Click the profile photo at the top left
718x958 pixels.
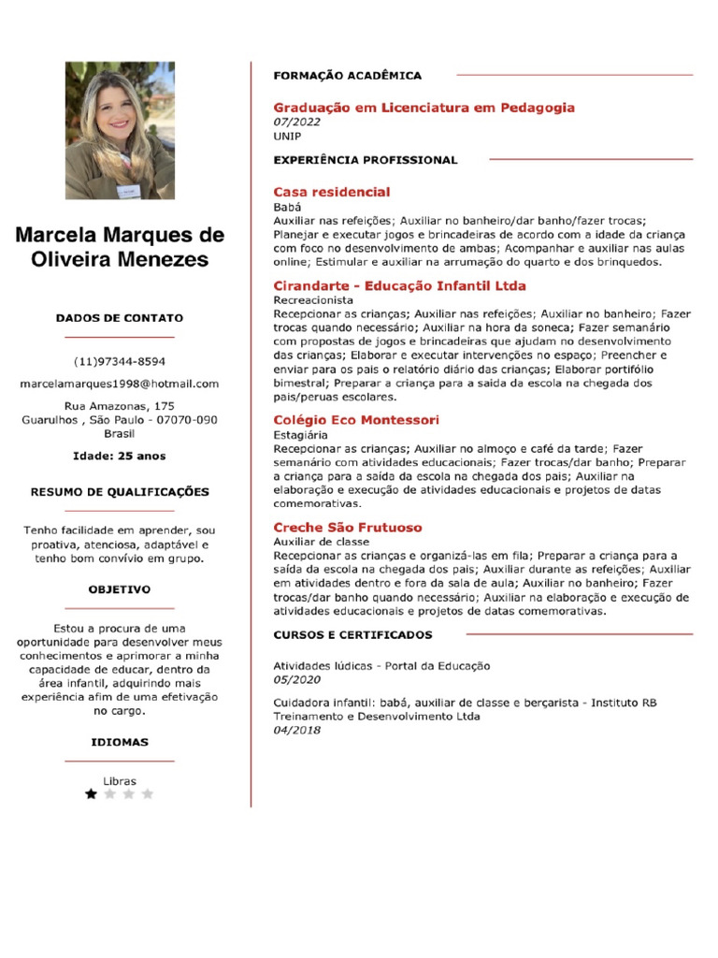[x=119, y=131]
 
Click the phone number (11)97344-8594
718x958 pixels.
[x=119, y=361]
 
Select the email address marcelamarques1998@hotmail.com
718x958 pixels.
[x=119, y=384]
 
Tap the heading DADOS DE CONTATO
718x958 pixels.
[x=119, y=318]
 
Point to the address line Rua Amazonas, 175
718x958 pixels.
[x=119, y=406]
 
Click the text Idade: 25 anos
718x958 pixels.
[x=119, y=457]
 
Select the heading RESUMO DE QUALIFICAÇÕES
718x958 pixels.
[x=119, y=492]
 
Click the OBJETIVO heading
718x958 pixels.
[x=119, y=590]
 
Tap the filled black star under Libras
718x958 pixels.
[x=91, y=794]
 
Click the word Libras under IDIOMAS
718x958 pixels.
[x=119, y=781]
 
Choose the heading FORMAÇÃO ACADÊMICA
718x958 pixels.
[x=347, y=75]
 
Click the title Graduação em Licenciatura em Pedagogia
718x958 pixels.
[x=424, y=108]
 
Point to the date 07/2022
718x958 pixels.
[x=296, y=123]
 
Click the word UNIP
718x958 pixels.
[x=287, y=136]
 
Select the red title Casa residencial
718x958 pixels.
[x=331, y=192]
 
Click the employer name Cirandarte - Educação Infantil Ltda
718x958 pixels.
[x=399, y=285]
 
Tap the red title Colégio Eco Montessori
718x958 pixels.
[x=355, y=420]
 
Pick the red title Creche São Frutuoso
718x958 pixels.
[x=347, y=528]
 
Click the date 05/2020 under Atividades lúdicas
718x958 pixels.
[x=296, y=679]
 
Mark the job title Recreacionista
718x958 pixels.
[x=312, y=300]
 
